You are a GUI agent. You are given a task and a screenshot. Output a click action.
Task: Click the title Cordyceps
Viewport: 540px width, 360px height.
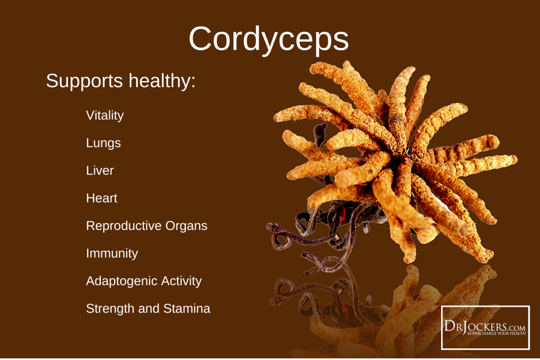269,40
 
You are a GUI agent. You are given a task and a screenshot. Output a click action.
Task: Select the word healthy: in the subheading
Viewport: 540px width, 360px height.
162,81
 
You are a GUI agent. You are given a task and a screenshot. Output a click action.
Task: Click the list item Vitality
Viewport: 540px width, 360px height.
104,115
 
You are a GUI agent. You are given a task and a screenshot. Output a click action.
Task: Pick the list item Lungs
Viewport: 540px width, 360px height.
103,143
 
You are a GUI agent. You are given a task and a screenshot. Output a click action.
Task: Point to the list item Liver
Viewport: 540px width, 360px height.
100,170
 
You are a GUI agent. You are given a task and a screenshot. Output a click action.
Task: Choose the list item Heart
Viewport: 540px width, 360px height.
101,198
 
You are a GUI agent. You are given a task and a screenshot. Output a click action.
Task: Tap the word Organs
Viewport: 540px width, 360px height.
187,226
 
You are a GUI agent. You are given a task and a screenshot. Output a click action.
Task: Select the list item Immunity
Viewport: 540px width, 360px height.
112,254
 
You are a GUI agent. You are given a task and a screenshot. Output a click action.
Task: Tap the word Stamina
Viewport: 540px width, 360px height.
187,308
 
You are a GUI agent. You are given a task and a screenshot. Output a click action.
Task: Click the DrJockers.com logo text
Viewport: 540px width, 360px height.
485,326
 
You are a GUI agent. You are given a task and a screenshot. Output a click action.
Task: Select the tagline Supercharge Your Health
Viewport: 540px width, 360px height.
496,334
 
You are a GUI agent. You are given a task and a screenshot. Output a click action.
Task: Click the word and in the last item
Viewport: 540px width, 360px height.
149,308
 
